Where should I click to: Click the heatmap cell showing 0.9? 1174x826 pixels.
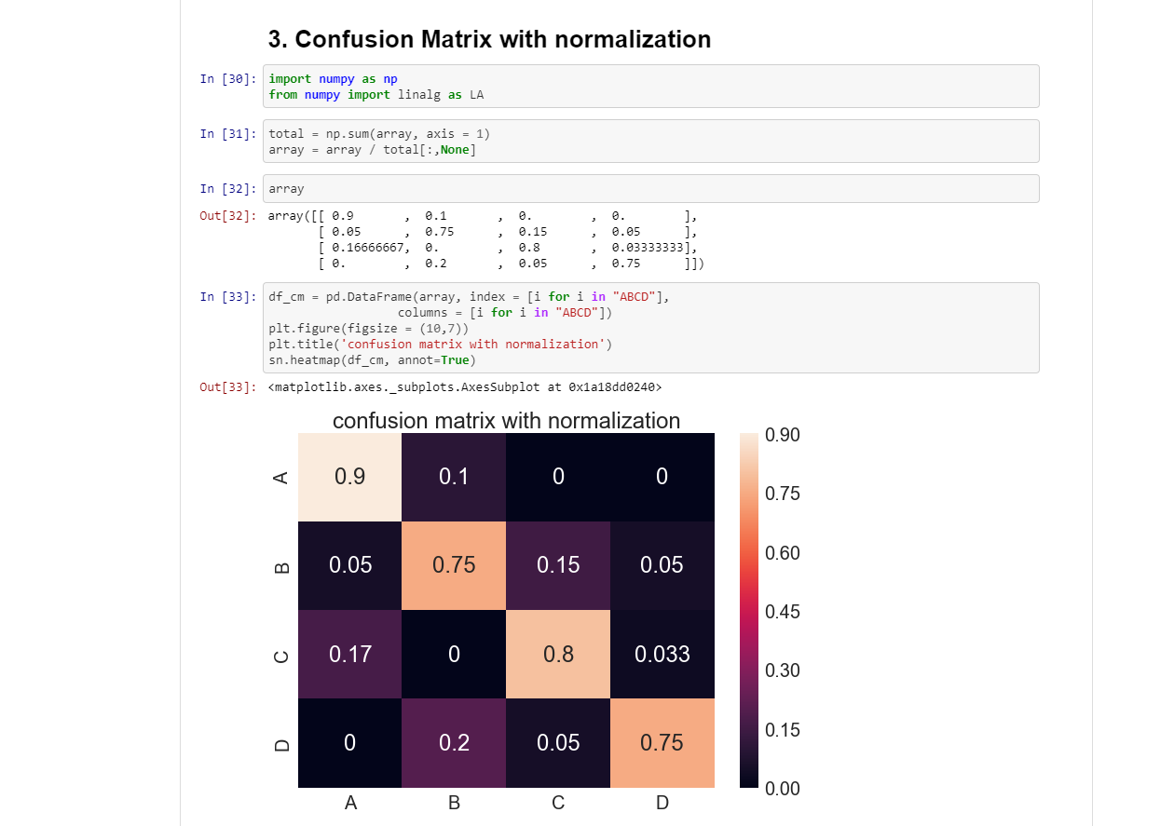click(x=350, y=477)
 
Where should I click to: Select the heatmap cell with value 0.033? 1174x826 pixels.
click(x=662, y=654)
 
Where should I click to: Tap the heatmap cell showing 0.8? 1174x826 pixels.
click(x=558, y=654)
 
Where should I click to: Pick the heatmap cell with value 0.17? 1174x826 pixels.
click(x=350, y=654)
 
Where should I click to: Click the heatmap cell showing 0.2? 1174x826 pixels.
click(x=454, y=742)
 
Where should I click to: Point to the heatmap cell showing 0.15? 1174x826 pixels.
click(x=558, y=565)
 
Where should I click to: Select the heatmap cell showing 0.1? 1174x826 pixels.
click(x=454, y=477)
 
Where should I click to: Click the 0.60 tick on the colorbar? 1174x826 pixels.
click(x=782, y=553)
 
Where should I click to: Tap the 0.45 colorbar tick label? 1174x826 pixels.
click(x=782, y=612)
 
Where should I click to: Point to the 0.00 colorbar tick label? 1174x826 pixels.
click(x=782, y=789)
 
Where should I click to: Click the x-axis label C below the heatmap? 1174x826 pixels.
click(x=558, y=803)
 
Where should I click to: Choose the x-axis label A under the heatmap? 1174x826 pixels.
click(x=350, y=803)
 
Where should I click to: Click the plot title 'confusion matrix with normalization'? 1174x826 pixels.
click(x=506, y=421)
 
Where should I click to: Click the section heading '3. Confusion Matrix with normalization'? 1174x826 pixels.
click(x=489, y=39)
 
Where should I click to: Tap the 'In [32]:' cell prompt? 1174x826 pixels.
click(x=227, y=189)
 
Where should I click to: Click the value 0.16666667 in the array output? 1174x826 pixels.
click(x=368, y=248)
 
